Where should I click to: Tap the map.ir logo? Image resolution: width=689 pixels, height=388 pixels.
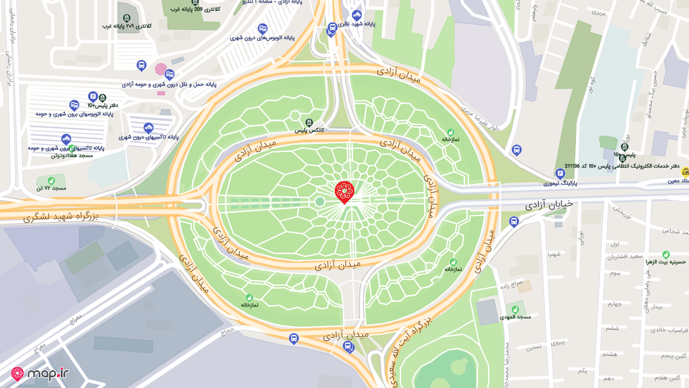tap(40, 373)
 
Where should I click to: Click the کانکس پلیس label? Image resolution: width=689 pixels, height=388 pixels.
tap(309, 130)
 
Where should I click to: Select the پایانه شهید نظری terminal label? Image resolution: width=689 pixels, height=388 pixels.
tap(357, 23)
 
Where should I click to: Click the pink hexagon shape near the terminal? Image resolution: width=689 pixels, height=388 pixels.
tap(160, 69)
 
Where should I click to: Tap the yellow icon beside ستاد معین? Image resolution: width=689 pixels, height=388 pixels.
tap(685, 172)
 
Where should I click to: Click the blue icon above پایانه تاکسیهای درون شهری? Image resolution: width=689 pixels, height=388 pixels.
tap(149, 128)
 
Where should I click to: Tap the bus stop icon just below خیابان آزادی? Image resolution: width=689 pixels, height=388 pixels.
tap(514, 221)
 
